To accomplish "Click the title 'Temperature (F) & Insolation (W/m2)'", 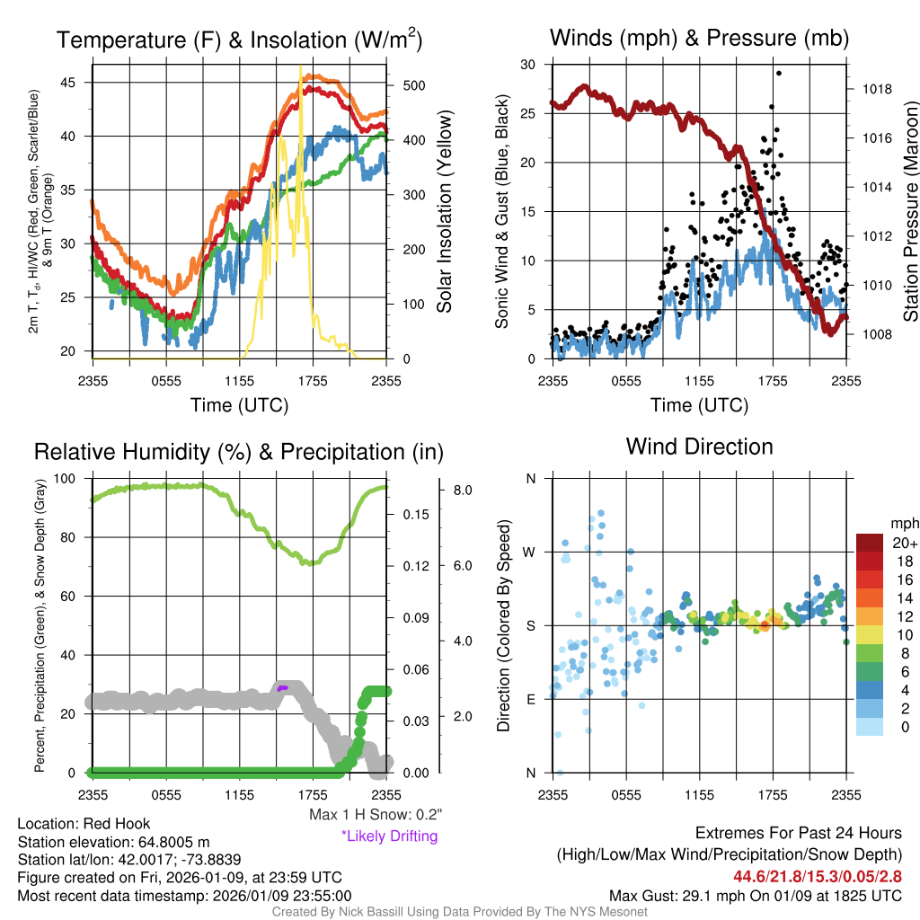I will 239,40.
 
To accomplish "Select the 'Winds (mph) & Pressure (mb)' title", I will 699,38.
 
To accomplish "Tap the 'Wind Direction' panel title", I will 699,447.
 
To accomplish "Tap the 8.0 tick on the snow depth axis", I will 464,491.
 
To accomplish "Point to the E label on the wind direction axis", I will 530,699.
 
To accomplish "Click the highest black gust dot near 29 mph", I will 778,74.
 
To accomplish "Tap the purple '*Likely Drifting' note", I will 389,836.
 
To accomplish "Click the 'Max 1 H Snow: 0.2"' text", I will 375,815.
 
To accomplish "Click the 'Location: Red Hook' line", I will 84,824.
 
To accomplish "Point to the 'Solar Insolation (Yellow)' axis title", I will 444,212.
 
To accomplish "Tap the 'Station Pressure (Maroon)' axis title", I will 910,212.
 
